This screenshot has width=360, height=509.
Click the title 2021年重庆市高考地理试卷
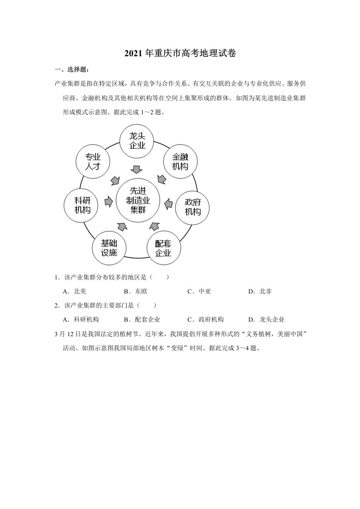[x=180, y=54]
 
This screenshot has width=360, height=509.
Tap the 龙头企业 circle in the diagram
[x=137, y=141]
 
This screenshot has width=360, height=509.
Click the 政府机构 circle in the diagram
[x=192, y=207]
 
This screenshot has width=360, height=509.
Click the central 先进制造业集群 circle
[x=137, y=200]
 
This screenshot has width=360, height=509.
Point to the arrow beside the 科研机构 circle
[x=108, y=201]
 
